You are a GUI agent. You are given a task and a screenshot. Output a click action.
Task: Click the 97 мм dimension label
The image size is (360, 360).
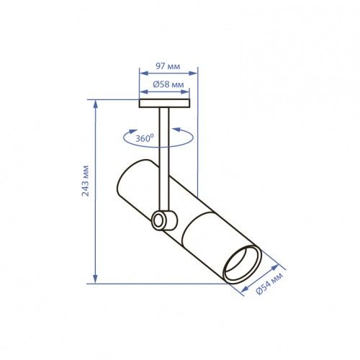[168, 66]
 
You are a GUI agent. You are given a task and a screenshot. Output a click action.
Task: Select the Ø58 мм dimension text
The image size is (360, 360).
[168, 84]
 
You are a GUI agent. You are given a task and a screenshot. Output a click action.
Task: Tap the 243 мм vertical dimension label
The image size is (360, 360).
[86, 181]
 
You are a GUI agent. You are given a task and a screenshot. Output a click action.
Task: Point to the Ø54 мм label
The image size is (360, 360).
[270, 284]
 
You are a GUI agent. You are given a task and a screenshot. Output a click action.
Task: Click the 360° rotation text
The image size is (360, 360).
[145, 138]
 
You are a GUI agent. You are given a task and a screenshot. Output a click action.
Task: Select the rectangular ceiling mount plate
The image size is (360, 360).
[164, 104]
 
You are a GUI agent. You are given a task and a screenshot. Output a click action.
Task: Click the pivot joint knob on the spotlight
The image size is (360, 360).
[164, 220]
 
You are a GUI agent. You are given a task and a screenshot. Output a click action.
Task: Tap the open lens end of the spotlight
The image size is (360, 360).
[243, 265]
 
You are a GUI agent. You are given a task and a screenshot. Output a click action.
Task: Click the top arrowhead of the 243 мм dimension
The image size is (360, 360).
[96, 104]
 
